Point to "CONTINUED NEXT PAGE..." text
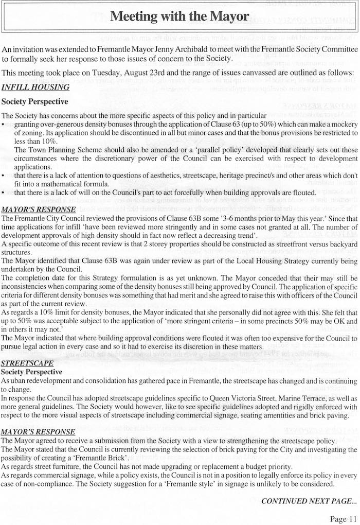(309, 501)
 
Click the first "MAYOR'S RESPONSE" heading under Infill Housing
(39, 209)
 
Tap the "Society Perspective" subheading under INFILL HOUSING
(35, 102)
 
